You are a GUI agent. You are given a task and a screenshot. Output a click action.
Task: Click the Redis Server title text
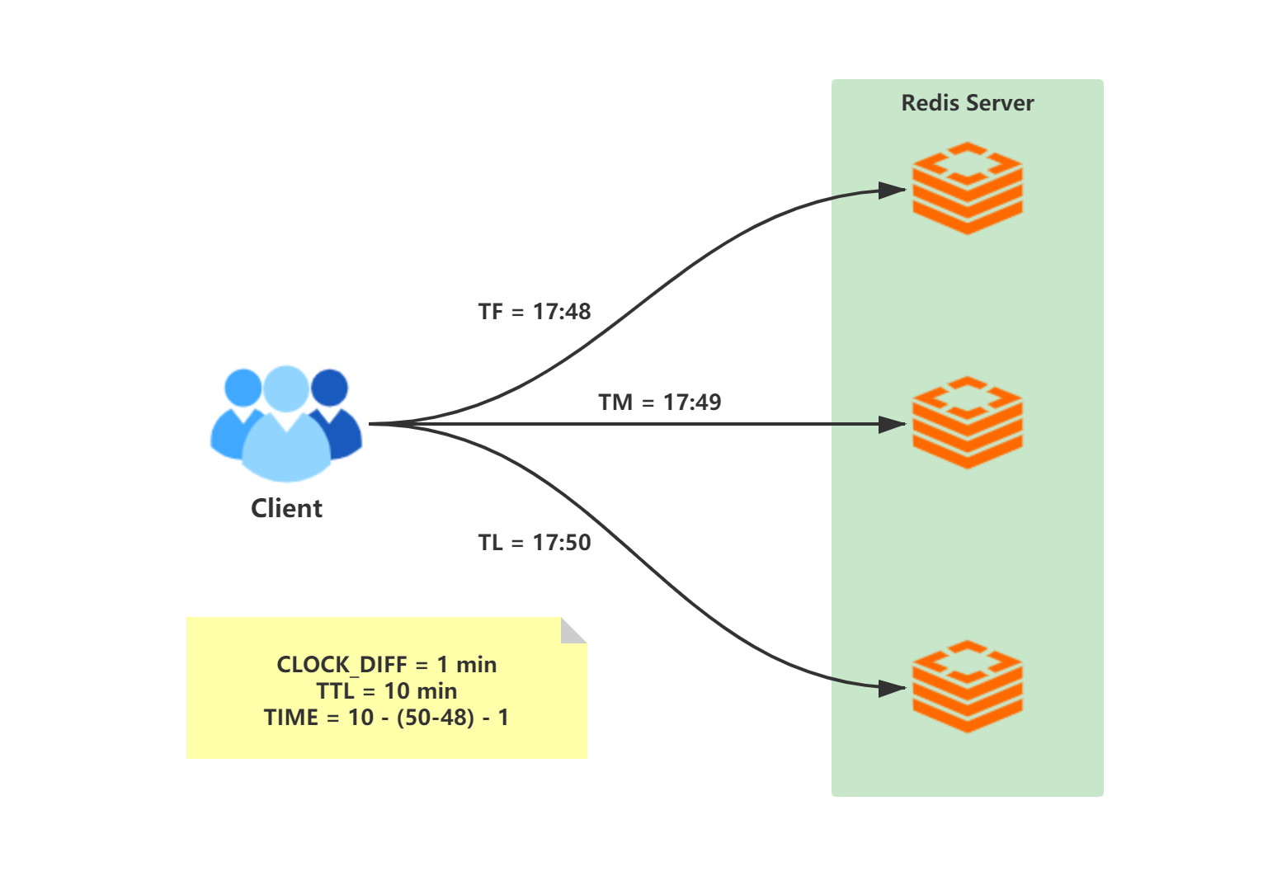pyautogui.click(x=968, y=103)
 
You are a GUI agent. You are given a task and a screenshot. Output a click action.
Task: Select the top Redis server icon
pyautogui.click(x=968, y=188)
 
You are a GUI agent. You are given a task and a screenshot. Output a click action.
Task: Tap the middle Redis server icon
pyautogui.click(x=968, y=422)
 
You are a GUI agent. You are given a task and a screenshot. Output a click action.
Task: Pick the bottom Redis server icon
pyautogui.click(x=968, y=686)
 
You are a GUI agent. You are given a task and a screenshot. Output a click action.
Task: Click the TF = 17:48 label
pyautogui.click(x=535, y=312)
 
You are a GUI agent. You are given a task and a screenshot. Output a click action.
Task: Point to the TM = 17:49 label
pyautogui.click(x=660, y=403)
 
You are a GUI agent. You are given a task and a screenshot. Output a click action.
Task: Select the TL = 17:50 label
pyautogui.click(x=535, y=543)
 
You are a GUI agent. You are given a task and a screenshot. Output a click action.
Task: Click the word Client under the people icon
pyautogui.click(x=286, y=508)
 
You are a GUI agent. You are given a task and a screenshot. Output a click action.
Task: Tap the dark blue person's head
pyautogui.click(x=329, y=388)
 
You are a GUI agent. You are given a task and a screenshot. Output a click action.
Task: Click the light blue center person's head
pyautogui.click(x=286, y=389)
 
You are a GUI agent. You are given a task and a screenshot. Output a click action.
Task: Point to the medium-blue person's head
pyautogui.click(x=243, y=388)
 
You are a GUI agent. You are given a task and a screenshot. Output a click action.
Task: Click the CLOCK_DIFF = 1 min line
pyautogui.click(x=387, y=665)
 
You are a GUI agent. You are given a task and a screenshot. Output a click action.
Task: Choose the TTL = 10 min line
pyautogui.click(x=387, y=691)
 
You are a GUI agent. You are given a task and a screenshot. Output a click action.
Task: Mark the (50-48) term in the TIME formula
pyautogui.click(x=436, y=718)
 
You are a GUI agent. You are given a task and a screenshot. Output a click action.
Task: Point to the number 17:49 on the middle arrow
pyautogui.click(x=692, y=403)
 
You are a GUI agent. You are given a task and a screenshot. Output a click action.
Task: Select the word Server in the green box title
pyautogui.click(x=1000, y=103)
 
